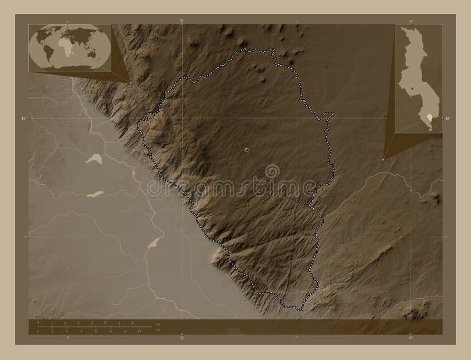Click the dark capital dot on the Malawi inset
click(x=412, y=89)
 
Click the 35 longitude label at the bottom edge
click(x=181, y=338)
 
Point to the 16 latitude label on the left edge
click(x=22, y=119)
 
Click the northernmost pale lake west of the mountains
click(x=93, y=158)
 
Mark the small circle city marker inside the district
click(x=246, y=151)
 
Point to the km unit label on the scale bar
click(x=158, y=324)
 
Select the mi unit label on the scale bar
click(x=158, y=332)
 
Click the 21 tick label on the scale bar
click(x=132, y=324)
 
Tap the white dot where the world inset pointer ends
click(x=131, y=82)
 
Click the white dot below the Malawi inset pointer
click(x=383, y=158)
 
